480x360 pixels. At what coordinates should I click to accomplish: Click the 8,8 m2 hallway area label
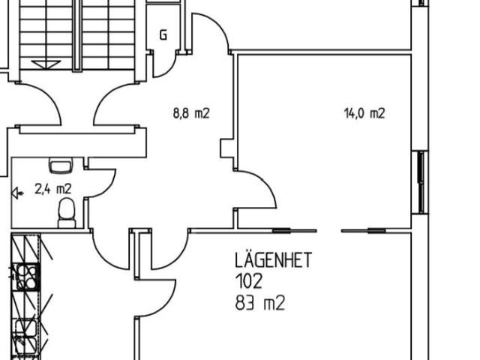pyautogui.click(x=191, y=113)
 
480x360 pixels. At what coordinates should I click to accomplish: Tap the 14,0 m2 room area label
pyautogui.click(x=364, y=113)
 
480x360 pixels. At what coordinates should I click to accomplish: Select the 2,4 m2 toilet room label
pyautogui.click(x=53, y=189)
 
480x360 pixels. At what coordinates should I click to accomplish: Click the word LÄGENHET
pyautogui.click(x=273, y=260)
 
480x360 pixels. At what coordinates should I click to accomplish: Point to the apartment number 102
pyautogui.click(x=248, y=281)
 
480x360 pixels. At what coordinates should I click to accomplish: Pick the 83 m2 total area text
pyautogui.click(x=260, y=303)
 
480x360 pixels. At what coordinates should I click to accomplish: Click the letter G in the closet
pyautogui.click(x=163, y=35)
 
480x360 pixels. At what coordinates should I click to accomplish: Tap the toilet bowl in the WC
pyautogui.click(x=67, y=212)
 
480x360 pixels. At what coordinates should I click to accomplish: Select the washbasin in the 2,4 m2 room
pyautogui.click(x=61, y=165)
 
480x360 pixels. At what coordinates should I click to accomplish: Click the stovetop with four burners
pyautogui.click(x=27, y=277)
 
